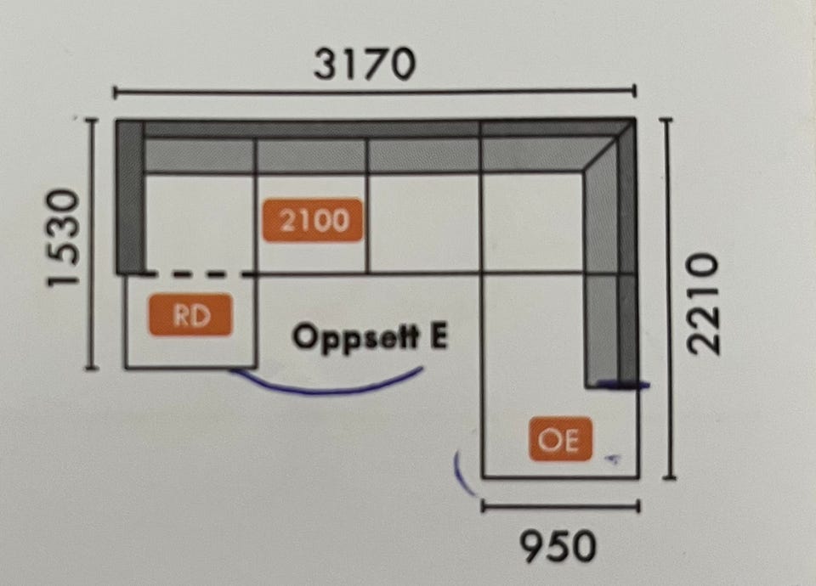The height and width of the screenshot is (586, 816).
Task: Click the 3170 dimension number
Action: click(x=365, y=64)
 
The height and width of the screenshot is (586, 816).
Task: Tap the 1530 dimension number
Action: click(x=64, y=238)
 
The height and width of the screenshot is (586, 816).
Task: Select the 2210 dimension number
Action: click(x=703, y=304)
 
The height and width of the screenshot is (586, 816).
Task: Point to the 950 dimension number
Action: click(x=558, y=546)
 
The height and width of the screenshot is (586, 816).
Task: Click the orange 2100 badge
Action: click(x=313, y=220)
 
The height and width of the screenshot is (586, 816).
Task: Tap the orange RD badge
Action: click(x=190, y=314)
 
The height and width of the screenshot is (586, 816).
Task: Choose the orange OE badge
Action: click(x=560, y=439)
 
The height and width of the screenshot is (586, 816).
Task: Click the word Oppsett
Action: click(x=355, y=337)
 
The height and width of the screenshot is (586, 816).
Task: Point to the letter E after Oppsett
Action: click(x=438, y=336)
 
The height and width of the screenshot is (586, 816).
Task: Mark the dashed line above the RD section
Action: click(x=199, y=273)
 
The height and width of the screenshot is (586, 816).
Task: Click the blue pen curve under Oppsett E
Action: click(x=326, y=384)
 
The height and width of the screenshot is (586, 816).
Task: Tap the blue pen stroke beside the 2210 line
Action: click(x=622, y=386)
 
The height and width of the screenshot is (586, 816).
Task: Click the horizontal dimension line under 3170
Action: click(x=375, y=92)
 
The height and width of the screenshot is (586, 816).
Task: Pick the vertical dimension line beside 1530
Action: click(x=91, y=245)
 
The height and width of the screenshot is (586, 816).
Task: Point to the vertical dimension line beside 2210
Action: click(x=668, y=298)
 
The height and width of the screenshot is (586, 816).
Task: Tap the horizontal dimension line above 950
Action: click(x=560, y=505)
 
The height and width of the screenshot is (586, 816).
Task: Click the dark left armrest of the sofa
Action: click(x=129, y=196)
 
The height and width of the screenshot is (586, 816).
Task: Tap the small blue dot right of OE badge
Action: click(x=613, y=459)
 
